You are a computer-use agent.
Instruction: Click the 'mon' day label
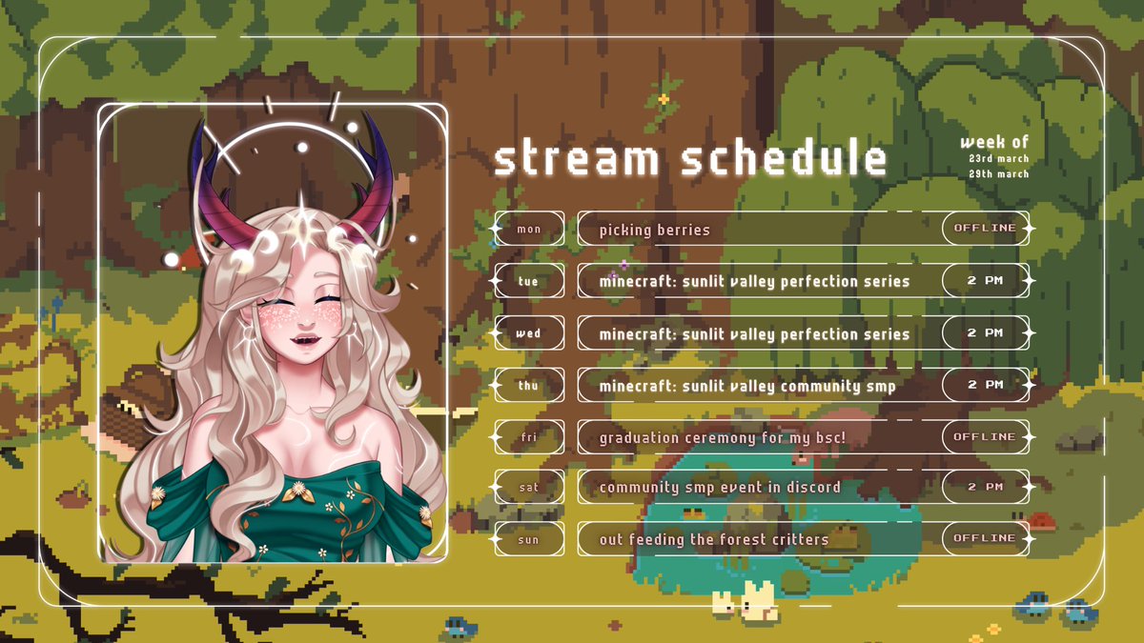(528, 229)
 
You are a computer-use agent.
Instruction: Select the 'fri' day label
(528, 437)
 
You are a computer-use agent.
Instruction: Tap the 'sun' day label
(528, 539)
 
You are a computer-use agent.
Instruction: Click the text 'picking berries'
(654, 230)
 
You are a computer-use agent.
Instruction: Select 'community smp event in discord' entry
(719, 488)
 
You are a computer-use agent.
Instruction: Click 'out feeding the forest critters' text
(713, 539)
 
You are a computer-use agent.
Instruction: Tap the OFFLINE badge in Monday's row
(985, 229)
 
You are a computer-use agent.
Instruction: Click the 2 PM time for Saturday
(985, 487)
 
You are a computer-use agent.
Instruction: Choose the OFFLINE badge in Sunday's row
(985, 538)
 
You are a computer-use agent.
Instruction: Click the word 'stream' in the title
(576, 160)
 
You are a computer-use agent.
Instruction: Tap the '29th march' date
(998, 173)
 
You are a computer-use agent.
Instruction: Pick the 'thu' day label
(528, 385)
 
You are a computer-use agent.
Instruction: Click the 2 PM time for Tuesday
(985, 281)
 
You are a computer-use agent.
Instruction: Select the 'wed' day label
(528, 333)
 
